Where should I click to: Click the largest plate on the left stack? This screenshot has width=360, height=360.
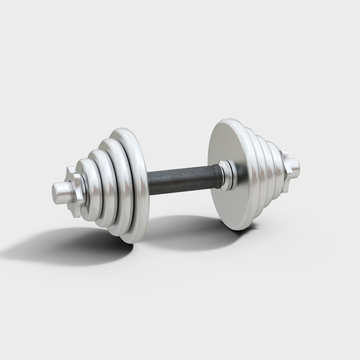(139, 187)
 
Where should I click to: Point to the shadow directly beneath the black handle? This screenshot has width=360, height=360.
(187, 230)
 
